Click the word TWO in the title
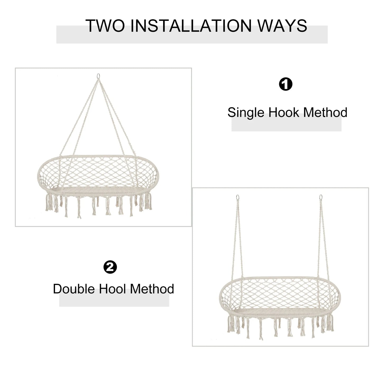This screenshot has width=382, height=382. [105, 26]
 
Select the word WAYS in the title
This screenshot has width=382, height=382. [282, 26]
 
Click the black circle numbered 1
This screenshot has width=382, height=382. [286, 84]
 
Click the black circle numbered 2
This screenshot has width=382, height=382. [110, 267]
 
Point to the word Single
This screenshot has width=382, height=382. [246, 113]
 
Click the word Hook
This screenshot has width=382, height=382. [284, 112]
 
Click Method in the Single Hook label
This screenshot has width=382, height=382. [325, 112]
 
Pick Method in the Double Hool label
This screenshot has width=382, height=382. [152, 289]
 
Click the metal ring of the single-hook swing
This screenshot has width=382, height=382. [98, 76]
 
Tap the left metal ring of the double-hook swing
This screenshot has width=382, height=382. [238, 197]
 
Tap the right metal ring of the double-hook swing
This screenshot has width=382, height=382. [321, 197]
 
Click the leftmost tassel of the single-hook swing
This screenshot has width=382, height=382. [48, 202]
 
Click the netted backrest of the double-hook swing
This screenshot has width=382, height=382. [280, 293]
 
